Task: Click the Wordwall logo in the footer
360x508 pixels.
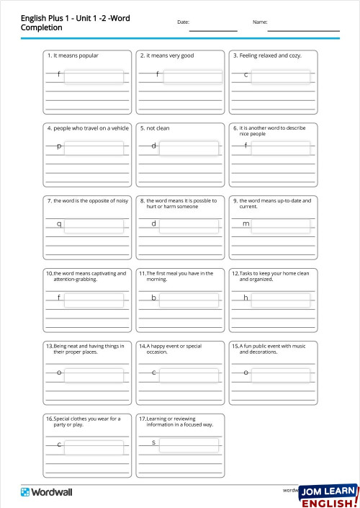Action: (x=46, y=491)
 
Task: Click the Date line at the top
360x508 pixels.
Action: (x=212, y=30)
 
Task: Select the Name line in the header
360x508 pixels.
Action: (x=303, y=30)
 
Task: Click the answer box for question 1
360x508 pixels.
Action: (x=94, y=76)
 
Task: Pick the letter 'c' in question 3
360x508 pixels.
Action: (x=246, y=75)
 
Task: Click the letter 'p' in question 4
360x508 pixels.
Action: (x=59, y=148)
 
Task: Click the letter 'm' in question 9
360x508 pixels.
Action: (x=246, y=223)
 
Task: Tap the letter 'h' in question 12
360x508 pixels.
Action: (x=246, y=298)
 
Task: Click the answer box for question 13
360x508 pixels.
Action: (x=94, y=372)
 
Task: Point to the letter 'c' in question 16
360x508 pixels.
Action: (x=59, y=445)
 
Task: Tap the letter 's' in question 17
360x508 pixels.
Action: (x=153, y=442)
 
